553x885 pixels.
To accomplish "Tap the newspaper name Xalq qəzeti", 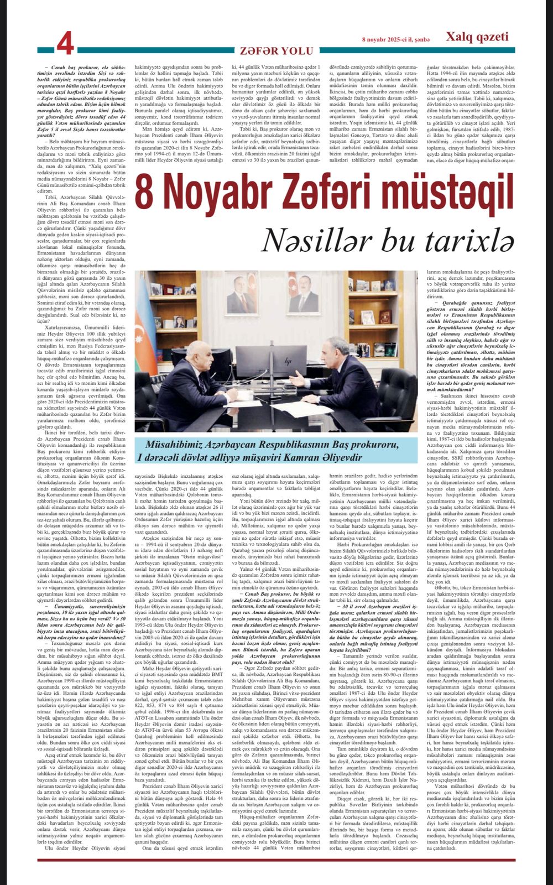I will click(x=477, y=37).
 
